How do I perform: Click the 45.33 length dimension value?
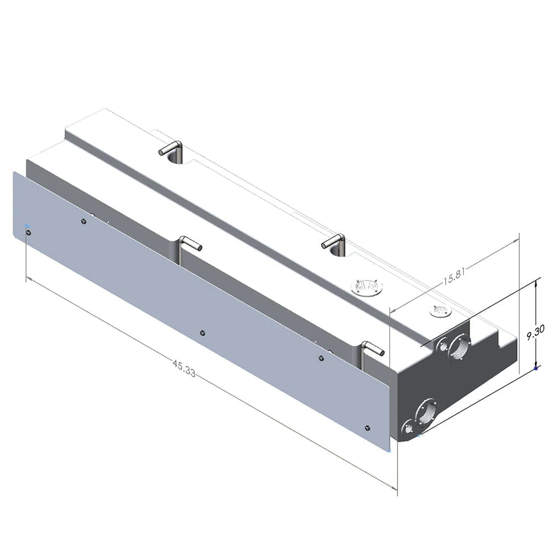[184, 368]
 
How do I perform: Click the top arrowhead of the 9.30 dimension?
[536, 282]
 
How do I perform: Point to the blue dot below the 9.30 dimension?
[536, 368]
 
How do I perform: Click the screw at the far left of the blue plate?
[28, 232]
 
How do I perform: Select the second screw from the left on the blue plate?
[84, 222]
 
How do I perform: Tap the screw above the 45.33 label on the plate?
[202, 333]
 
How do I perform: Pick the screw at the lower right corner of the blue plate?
[368, 427]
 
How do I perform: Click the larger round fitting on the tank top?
[367, 287]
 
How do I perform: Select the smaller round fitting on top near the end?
[440, 311]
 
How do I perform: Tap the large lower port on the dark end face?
[426, 411]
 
